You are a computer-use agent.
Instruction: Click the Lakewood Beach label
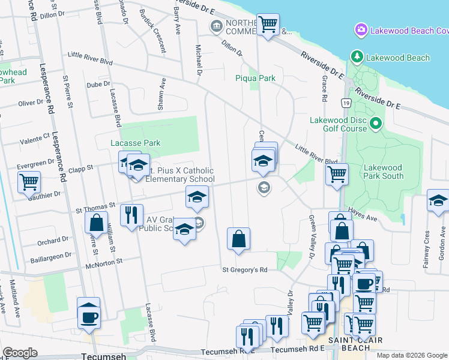(x=399, y=58)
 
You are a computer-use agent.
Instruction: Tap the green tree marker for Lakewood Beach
(x=357, y=57)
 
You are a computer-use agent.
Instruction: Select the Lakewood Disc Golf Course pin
(x=376, y=124)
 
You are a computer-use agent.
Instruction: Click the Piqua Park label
(x=255, y=78)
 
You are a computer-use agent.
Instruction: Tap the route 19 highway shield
(x=346, y=104)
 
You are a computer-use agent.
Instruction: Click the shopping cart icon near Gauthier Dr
(x=29, y=182)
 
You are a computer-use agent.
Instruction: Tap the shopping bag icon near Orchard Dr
(x=97, y=223)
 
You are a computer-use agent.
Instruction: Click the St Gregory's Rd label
(x=244, y=269)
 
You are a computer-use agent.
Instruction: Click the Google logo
(x=20, y=353)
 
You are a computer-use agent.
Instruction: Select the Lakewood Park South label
(x=383, y=172)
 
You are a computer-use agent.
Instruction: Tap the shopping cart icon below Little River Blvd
(x=337, y=175)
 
